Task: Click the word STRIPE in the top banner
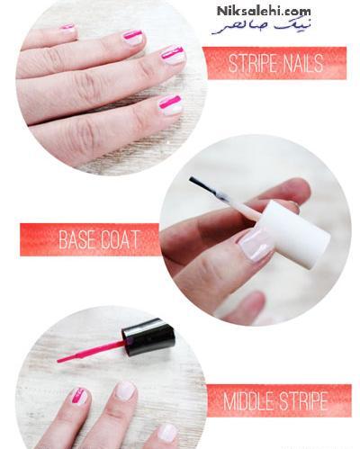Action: click(x=253, y=63)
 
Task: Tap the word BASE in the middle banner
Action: click(x=77, y=239)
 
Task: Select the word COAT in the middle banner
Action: click(x=120, y=239)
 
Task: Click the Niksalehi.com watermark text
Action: click(x=264, y=12)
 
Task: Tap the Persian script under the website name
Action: click(x=261, y=27)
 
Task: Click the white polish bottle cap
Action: click(x=295, y=235)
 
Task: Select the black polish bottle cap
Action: click(x=148, y=337)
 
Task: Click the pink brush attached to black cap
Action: click(x=90, y=351)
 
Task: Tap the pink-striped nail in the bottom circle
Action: click(x=78, y=397)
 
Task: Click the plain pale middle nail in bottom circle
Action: click(x=125, y=391)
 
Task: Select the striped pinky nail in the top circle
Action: click(x=67, y=28)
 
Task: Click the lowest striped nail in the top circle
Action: click(x=170, y=105)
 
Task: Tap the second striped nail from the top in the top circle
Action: click(x=132, y=38)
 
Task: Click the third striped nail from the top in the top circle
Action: click(x=173, y=54)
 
